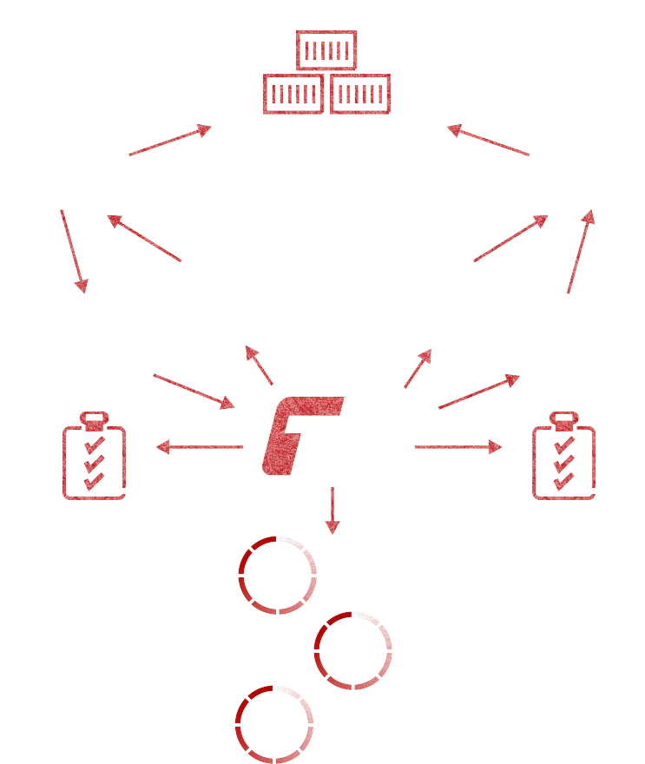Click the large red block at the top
(x=325, y=71)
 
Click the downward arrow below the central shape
(x=332, y=513)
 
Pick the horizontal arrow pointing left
(x=198, y=447)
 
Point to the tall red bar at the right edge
(x=580, y=251)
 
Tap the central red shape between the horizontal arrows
(x=295, y=435)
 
